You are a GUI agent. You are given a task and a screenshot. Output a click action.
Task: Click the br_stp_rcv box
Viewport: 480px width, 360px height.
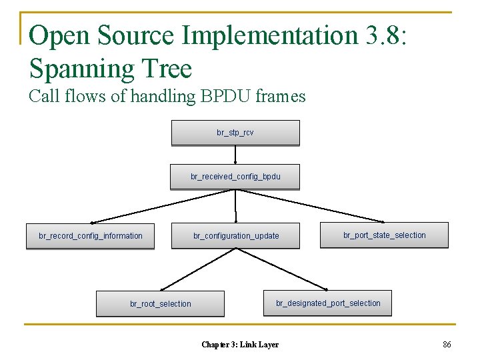pos(235,133)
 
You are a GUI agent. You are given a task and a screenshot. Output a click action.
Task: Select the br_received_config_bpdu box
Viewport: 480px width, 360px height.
pos(235,177)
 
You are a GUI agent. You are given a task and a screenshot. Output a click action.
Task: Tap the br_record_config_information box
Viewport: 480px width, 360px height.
pos(90,236)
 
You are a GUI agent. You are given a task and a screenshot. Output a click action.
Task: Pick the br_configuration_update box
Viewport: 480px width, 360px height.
pos(235,236)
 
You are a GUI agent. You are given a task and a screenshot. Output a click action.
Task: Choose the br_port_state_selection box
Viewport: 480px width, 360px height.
pos(384,235)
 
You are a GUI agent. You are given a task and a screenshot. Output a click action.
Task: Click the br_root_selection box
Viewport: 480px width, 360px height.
pos(160,303)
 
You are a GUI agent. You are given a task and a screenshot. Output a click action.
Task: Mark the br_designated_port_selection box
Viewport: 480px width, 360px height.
pos(327,303)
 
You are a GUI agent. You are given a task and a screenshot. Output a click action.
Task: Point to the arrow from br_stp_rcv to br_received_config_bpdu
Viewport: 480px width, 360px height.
pos(235,155)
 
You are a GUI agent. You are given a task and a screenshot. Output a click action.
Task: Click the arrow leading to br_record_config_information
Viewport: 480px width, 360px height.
pos(163,206)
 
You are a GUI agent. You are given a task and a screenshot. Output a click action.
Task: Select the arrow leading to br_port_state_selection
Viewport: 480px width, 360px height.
pos(310,206)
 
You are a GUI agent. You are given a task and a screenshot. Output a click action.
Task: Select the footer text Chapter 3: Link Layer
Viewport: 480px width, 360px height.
pos(240,345)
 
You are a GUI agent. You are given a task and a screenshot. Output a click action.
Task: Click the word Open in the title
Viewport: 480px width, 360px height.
pos(56,36)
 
